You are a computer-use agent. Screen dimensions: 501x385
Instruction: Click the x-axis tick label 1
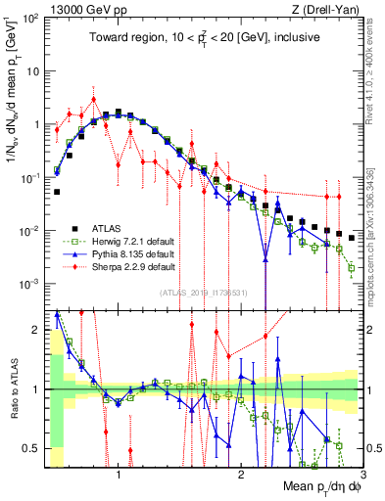click(x=119, y=477)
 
